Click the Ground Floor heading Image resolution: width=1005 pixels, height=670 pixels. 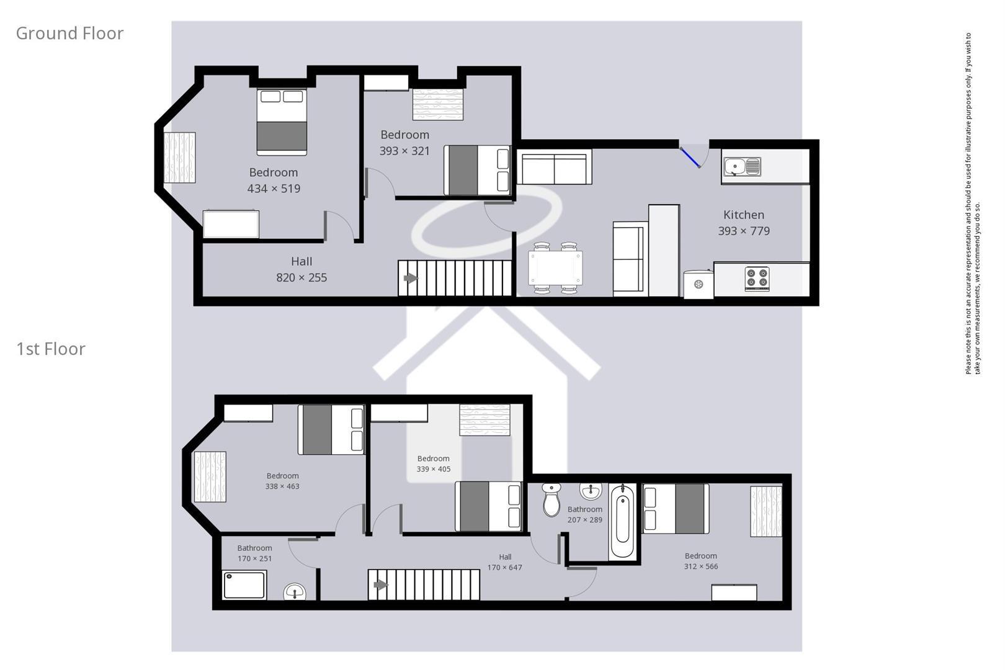pos(69,33)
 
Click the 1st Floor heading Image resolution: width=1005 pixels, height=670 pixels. pos(50,349)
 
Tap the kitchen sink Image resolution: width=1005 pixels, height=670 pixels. pos(741,167)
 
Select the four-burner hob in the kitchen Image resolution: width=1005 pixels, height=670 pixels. pos(757,279)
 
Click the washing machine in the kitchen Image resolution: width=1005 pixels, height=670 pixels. pos(699,284)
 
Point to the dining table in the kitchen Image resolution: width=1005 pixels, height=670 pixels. pos(555,268)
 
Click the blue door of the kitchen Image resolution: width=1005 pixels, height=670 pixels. pos(690,157)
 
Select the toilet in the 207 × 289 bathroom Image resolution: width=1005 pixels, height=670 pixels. pos(551,499)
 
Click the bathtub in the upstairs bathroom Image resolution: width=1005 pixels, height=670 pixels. pos(622,521)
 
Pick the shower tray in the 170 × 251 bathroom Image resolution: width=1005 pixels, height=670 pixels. pos(244,584)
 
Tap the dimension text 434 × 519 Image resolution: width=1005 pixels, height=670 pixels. pos(274,189)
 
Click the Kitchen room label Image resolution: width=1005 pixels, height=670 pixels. pos(744,215)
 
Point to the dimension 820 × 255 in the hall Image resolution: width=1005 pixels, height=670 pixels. pos(301,277)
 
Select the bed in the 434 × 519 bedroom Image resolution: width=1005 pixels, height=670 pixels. pos(282,122)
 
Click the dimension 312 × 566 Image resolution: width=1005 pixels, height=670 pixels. pos(701,566)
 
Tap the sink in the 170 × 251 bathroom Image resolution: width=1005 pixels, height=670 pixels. pos(295,592)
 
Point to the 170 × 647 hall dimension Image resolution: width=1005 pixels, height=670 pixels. pos(505,568)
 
